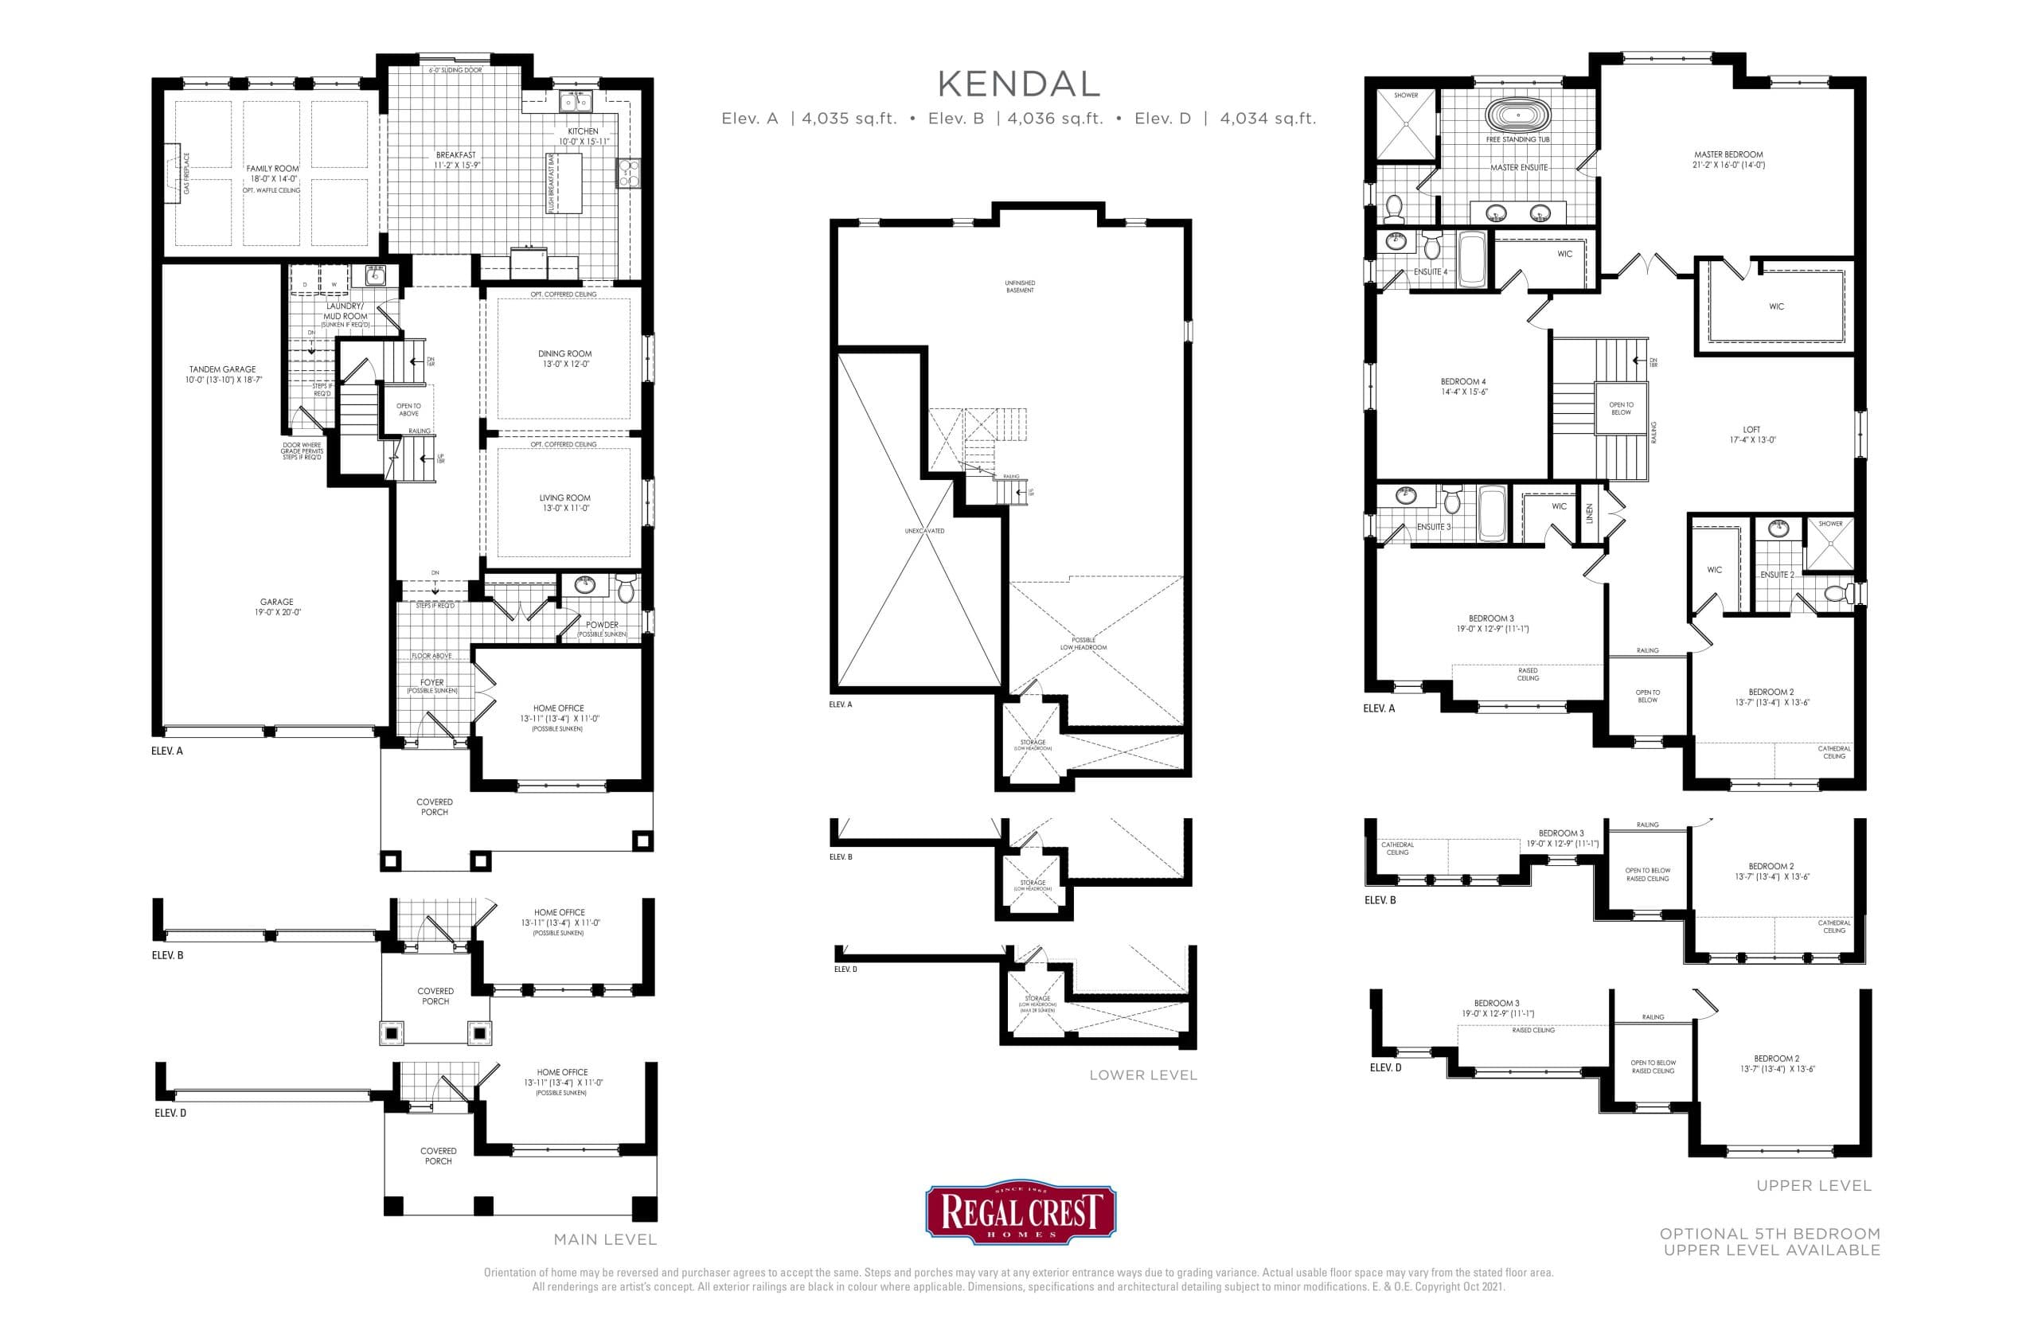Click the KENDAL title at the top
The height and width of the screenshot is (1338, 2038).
pyautogui.click(x=1018, y=84)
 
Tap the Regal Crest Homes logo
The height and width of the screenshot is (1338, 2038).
pyautogui.click(x=1020, y=1214)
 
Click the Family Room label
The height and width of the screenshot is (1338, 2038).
pyautogui.click(x=272, y=169)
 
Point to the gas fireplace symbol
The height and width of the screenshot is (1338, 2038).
pyautogui.click(x=174, y=169)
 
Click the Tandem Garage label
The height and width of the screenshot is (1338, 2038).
pyautogui.click(x=223, y=370)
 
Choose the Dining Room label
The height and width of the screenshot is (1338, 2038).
pyautogui.click(x=564, y=353)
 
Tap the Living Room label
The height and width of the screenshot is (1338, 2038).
pyautogui.click(x=564, y=497)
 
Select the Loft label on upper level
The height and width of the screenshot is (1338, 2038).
pyautogui.click(x=1751, y=430)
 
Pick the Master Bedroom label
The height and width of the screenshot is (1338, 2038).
pyautogui.click(x=1728, y=155)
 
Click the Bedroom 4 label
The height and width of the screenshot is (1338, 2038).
pyautogui.click(x=1463, y=382)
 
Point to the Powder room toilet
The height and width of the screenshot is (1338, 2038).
pyautogui.click(x=626, y=588)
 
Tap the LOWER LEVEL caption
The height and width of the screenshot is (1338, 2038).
pyautogui.click(x=1142, y=1075)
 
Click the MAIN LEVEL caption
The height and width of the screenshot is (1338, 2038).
pyautogui.click(x=604, y=1239)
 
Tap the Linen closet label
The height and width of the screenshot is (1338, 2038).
pyautogui.click(x=1589, y=513)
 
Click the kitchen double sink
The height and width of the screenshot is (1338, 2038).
pyautogui.click(x=576, y=103)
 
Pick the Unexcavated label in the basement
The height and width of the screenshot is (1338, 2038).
pyautogui.click(x=924, y=531)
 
